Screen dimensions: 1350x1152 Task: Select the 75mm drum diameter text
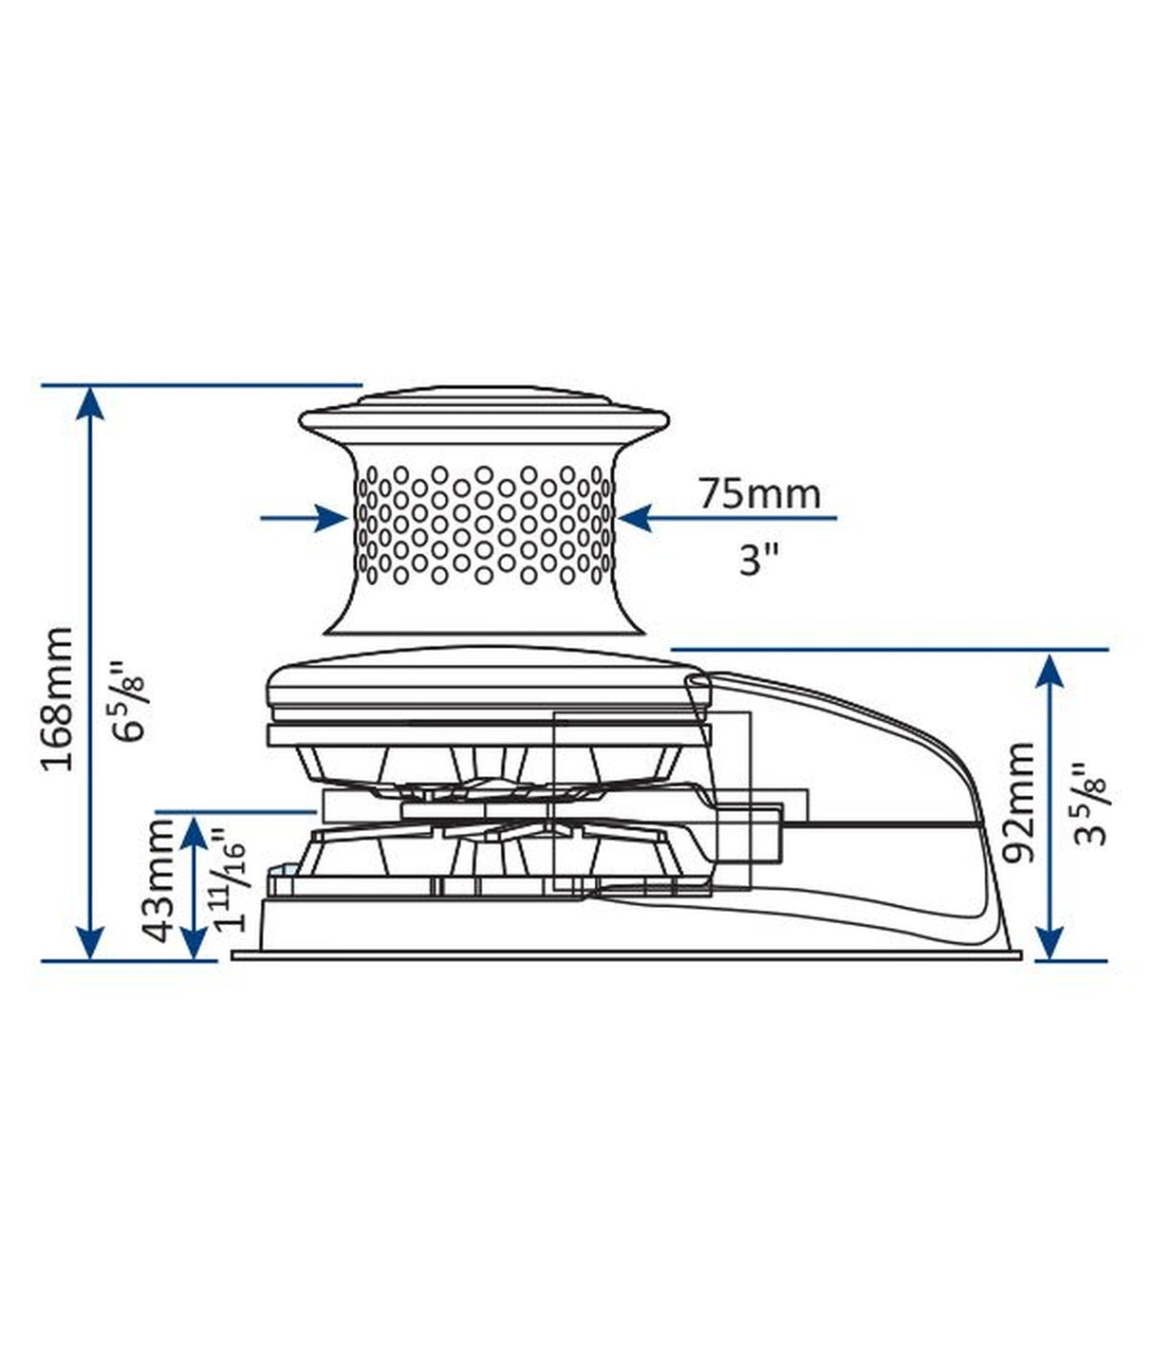[759, 493]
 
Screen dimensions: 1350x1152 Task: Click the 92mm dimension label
[1020, 803]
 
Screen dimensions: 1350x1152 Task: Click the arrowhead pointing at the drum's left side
[332, 518]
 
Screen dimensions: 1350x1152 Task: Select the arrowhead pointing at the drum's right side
[634, 518]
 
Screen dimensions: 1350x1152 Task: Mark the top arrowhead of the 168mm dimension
[89, 403]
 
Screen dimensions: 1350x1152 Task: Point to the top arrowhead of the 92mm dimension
[1050, 669]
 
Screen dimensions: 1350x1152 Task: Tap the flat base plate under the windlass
[626, 954]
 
